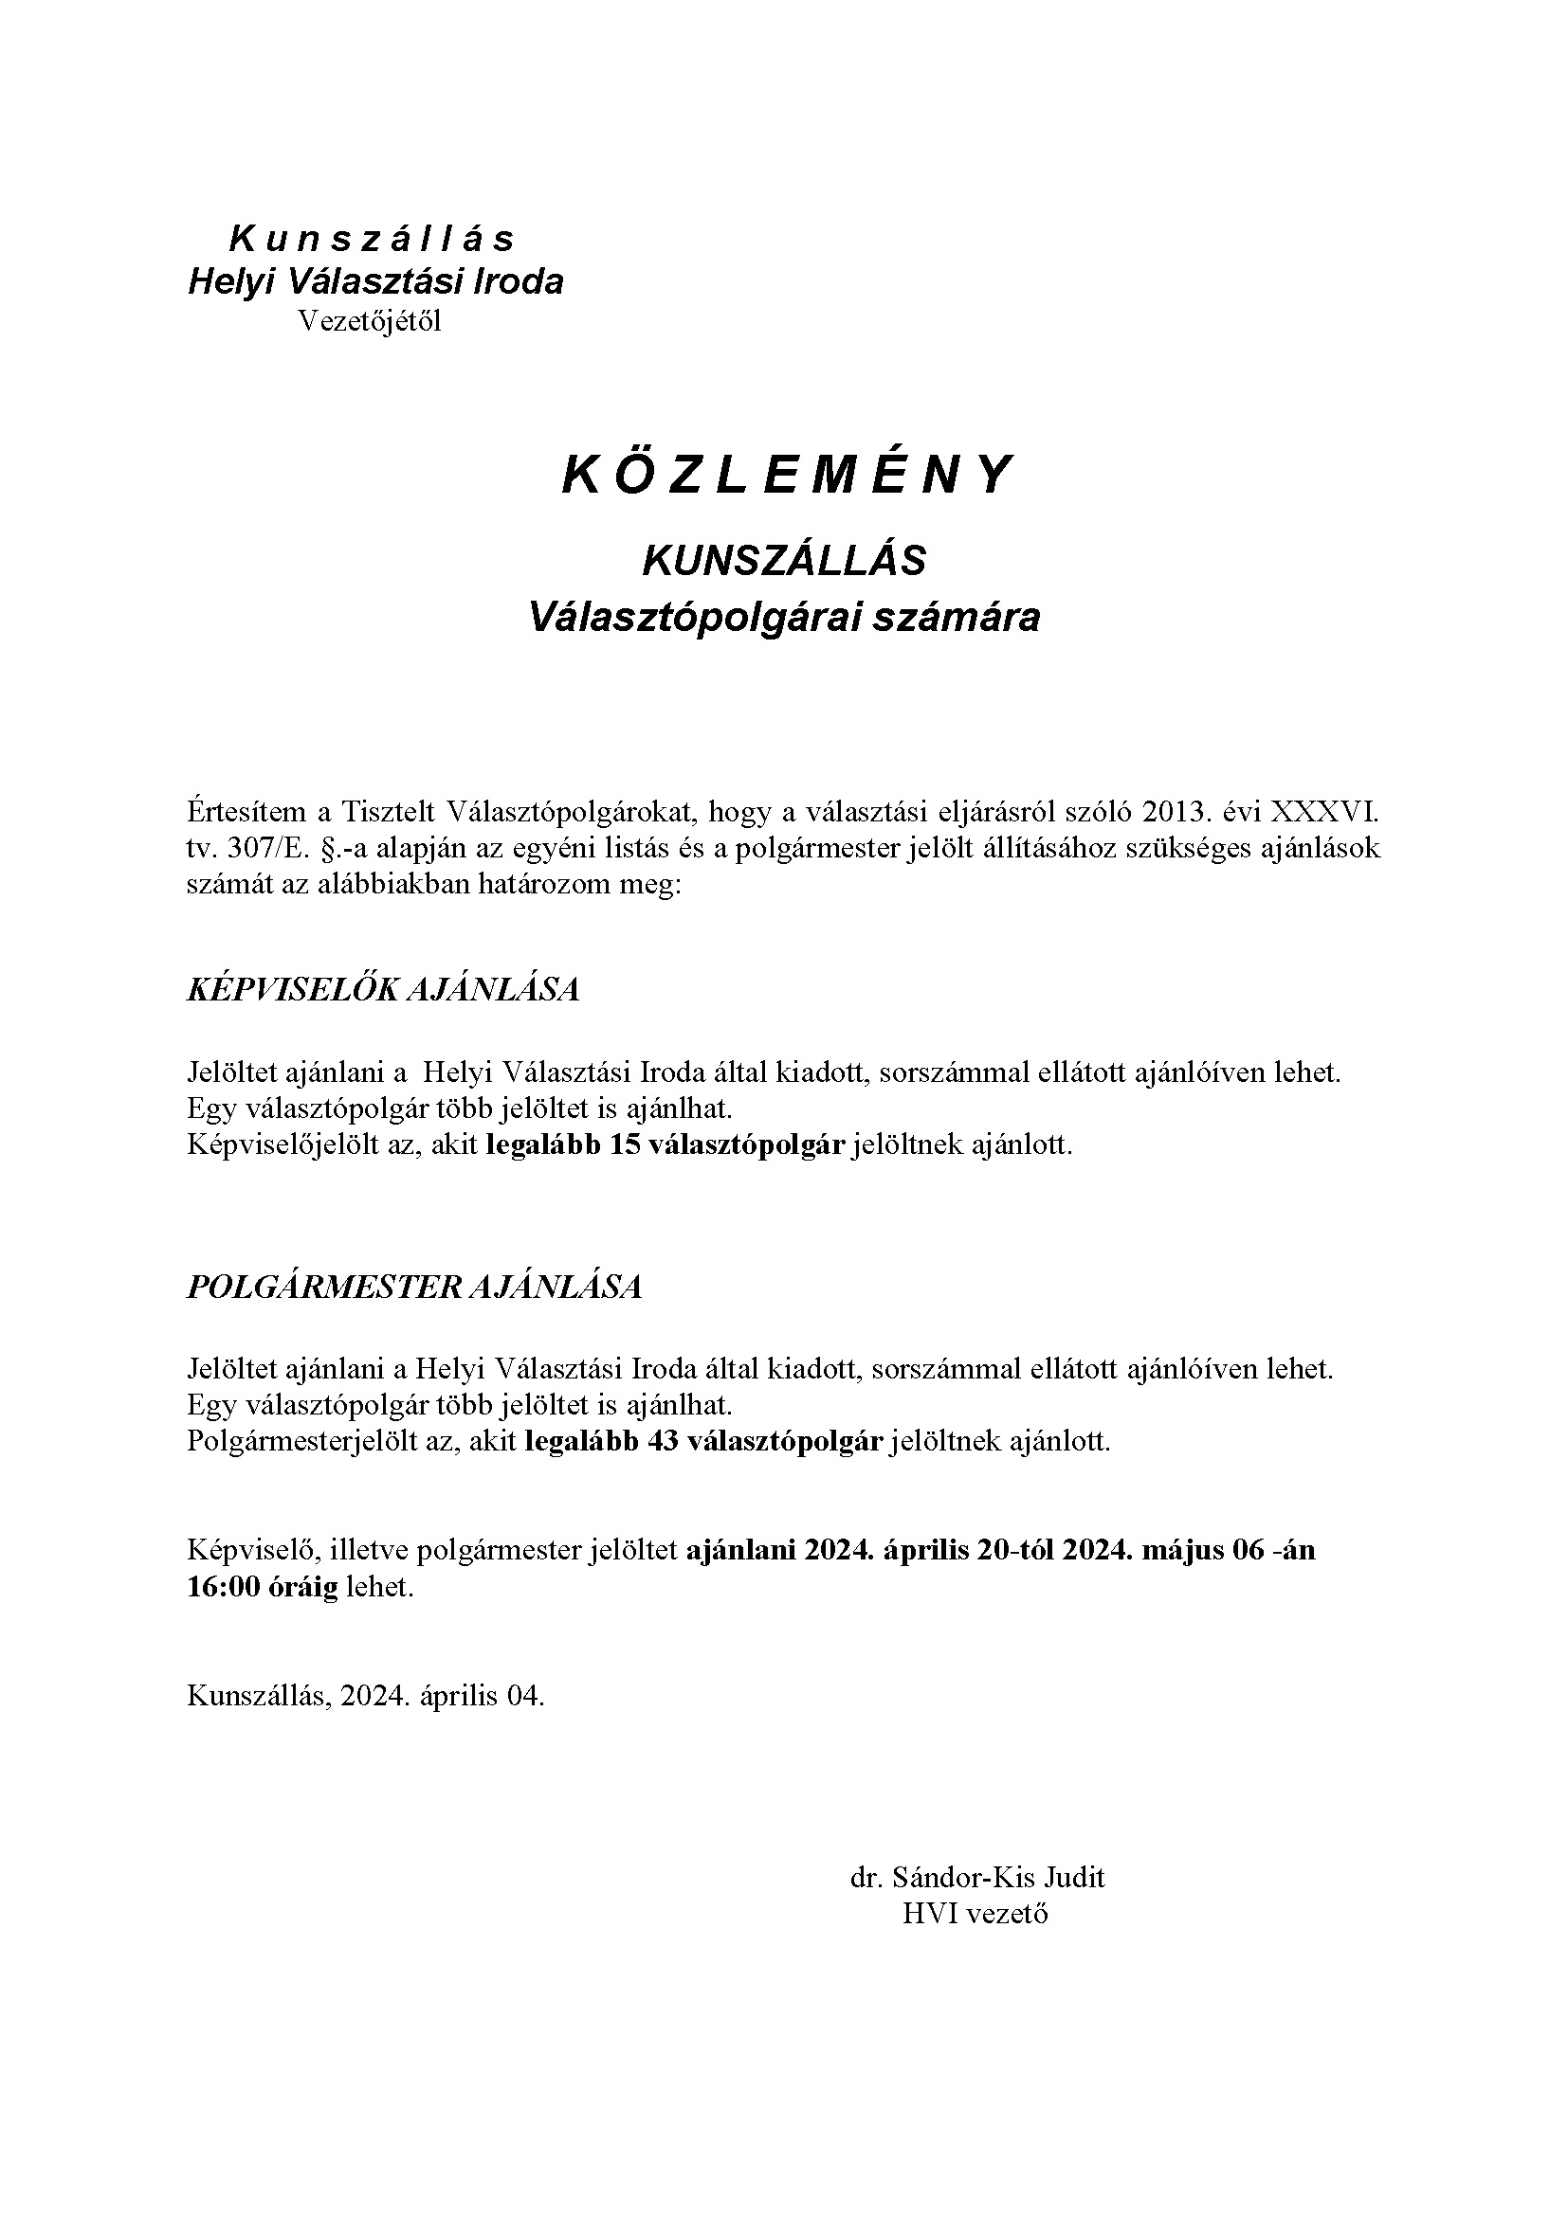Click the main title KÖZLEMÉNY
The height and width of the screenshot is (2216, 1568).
(x=786, y=475)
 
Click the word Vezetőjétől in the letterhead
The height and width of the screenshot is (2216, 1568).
(x=369, y=321)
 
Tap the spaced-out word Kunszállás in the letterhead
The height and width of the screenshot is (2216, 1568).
(x=372, y=239)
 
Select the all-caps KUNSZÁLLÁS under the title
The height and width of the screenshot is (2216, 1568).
(x=784, y=561)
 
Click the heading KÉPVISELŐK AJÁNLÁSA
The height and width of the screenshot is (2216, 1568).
(x=382, y=990)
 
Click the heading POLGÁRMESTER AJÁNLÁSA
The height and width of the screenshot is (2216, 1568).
(x=413, y=1287)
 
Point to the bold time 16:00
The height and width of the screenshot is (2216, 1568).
(x=224, y=1588)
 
